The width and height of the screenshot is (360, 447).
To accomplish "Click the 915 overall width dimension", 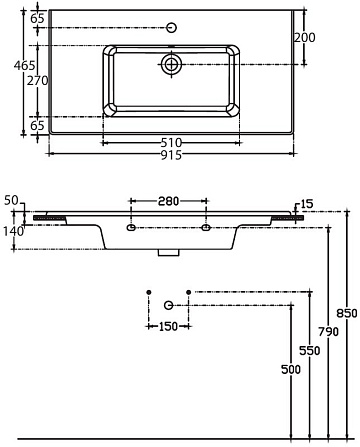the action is [171, 155].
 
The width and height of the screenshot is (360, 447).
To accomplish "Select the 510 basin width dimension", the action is [171, 143].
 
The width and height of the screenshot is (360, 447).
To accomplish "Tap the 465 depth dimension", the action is [24, 66].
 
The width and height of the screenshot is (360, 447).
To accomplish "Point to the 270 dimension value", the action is [37, 81].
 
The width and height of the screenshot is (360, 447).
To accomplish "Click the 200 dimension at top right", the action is [304, 38].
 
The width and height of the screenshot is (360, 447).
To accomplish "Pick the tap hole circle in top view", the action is [171, 27].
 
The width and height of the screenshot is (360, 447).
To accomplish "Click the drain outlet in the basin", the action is [171, 64].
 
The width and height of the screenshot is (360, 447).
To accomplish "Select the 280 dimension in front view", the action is [168, 201].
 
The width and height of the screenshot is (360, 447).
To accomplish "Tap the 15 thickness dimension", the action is [307, 204].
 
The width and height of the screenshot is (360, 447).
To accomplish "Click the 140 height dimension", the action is [14, 231].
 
